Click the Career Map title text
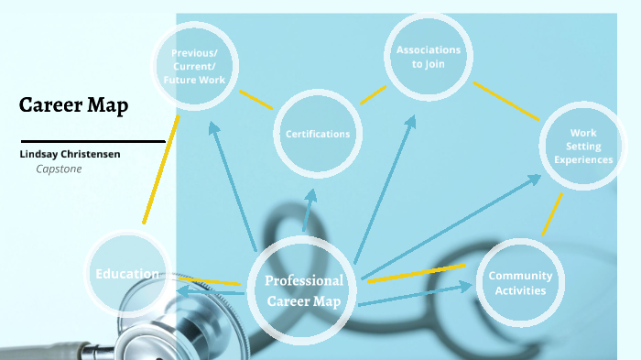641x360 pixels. (x=73, y=105)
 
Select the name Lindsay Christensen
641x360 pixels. (x=70, y=154)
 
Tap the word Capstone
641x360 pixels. (x=59, y=169)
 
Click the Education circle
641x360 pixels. (x=128, y=273)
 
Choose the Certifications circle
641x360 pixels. (x=317, y=134)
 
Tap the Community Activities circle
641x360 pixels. (x=519, y=282)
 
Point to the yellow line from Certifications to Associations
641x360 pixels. (x=373, y=94)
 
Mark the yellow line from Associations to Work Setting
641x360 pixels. (x=505, y=101)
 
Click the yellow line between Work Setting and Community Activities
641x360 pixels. (x=552, y=214)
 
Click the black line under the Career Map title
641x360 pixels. (x=92, y=142)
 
